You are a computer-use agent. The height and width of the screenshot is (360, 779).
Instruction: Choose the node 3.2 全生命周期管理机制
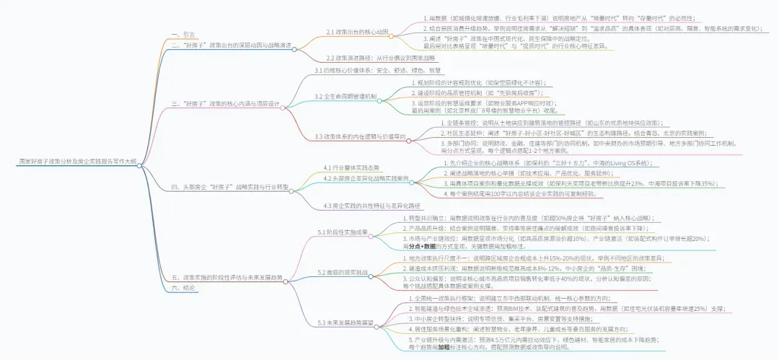(x=346, y=95)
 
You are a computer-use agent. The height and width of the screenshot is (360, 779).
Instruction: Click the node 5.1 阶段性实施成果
(x=343, y=232)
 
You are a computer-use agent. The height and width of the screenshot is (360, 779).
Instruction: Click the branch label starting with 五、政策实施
(x=227, y=277)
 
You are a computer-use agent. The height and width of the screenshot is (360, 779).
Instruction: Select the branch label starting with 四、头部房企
(x=231, y=187)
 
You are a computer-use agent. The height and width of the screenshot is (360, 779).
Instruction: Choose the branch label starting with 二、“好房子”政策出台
(x=232, y=45)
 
